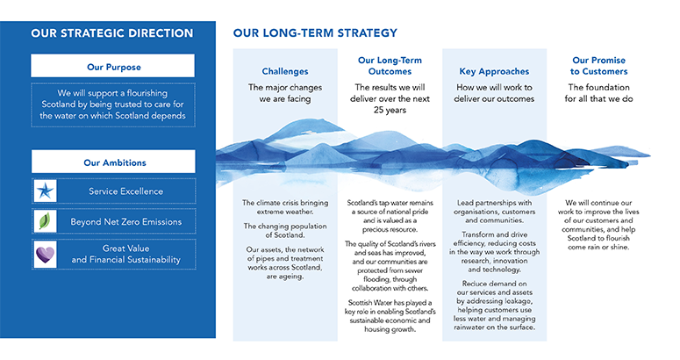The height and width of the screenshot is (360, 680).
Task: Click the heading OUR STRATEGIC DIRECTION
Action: pos(111,33)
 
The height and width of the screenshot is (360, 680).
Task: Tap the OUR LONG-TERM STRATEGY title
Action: pos(315,33)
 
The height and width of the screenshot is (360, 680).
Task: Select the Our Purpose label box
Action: pos(112,66)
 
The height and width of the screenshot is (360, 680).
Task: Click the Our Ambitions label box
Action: pos(112,162)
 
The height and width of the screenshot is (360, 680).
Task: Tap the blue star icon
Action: pos(46,191)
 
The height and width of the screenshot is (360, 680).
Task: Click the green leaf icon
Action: pos(46,221)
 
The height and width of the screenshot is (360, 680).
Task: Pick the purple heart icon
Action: pos(46,254)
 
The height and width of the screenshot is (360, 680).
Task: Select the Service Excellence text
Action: pos(125,191)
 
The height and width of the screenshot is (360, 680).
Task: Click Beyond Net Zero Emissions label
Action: pos(125,222)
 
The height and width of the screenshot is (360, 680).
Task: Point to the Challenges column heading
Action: pos(285,71)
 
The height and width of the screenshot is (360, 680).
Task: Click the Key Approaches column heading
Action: pos(493,71)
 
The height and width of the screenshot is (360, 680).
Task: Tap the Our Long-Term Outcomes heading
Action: pos(390,66)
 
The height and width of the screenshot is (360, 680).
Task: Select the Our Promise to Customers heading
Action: pos(599,66)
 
